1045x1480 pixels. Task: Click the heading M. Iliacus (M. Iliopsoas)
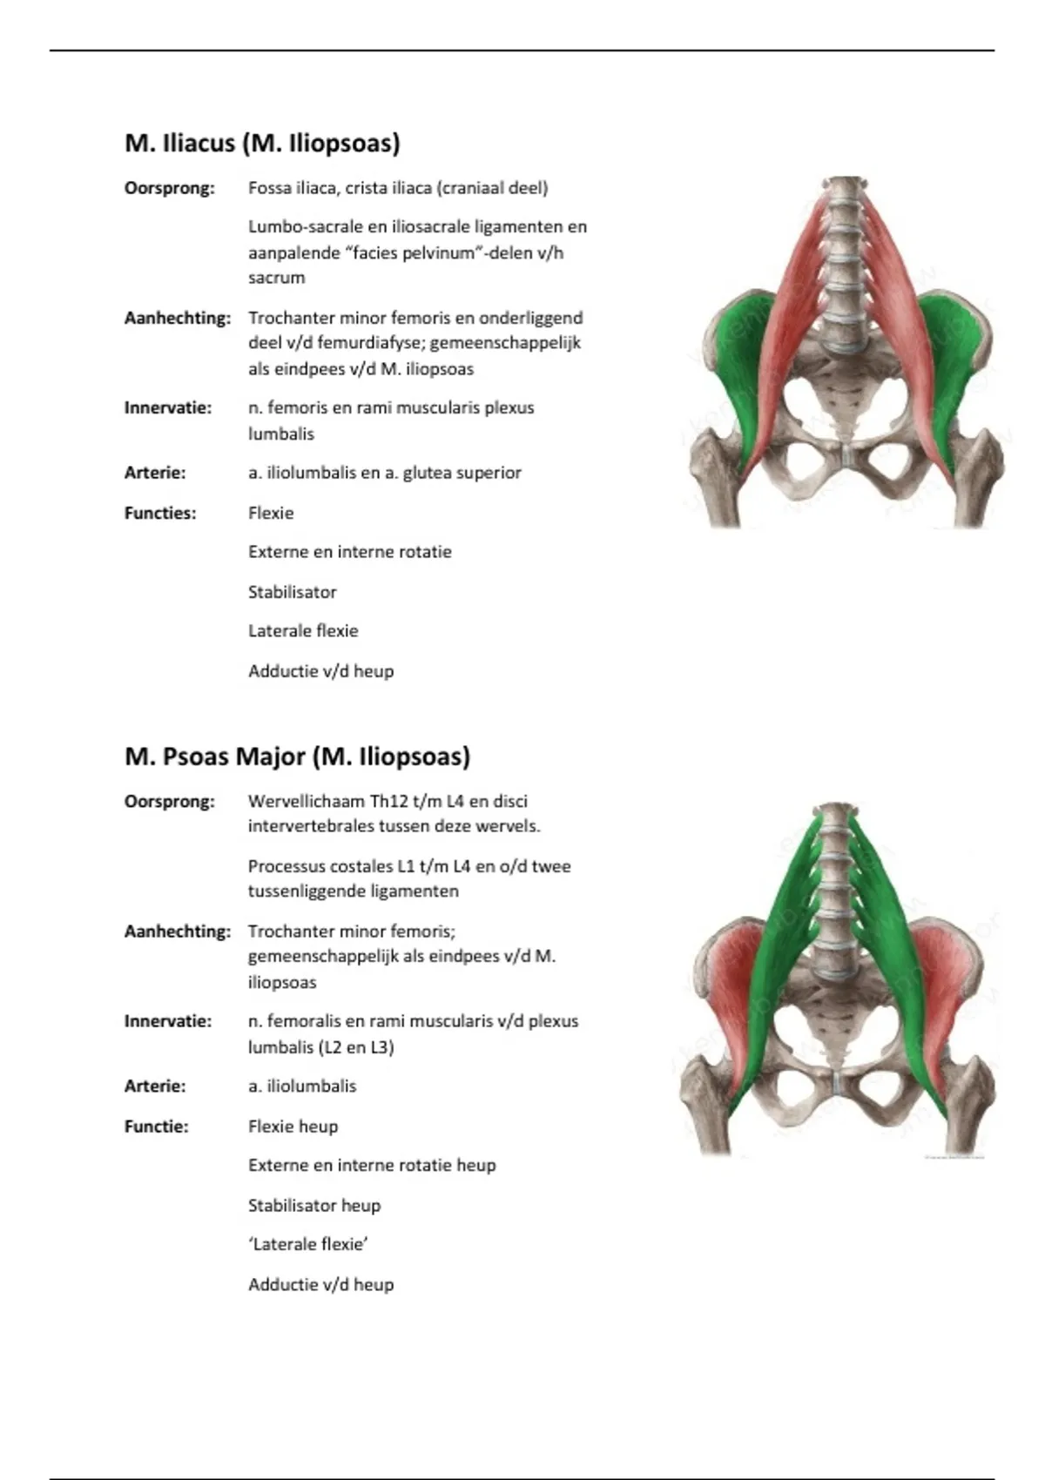[x=262, y=143]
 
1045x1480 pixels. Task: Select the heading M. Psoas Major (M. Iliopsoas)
[x=297, y=756]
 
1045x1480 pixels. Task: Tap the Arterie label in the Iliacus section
[x=155, y=473]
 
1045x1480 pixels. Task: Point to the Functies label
[x=160, y=513]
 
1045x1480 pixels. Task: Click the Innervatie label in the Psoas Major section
[x=168, y=1020]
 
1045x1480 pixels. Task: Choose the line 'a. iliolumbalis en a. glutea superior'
[x=384, y=473]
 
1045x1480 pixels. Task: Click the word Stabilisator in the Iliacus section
[x=292, y=592]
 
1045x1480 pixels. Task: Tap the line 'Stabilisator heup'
[x=314, y=1205]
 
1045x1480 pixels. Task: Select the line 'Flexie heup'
[x=293, y=1126]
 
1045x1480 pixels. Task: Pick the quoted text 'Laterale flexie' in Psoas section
[x=308, y=1244]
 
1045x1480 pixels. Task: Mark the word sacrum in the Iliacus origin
[x=276, y=278]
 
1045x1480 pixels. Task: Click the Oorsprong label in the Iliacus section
[x=169, y=188]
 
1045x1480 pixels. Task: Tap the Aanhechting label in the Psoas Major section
[x=178, y=931]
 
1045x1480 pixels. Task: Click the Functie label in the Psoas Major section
[x=156, y=1126]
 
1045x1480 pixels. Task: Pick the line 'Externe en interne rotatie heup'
[x=372, y=1165]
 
